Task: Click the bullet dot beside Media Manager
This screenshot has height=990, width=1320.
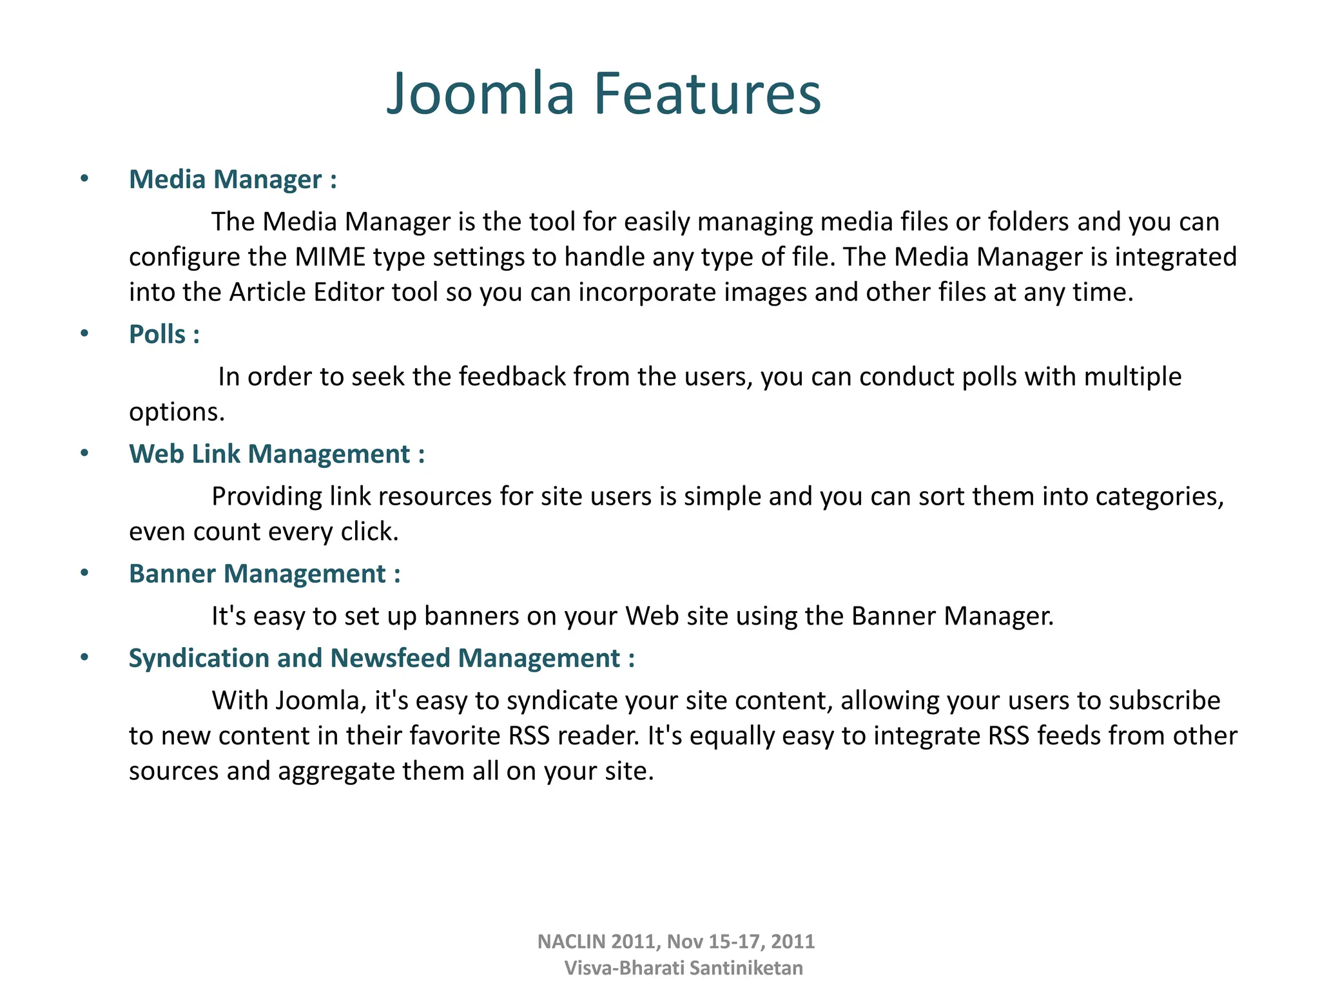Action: (84, 179)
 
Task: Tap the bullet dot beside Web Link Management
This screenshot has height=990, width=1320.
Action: (84, 453)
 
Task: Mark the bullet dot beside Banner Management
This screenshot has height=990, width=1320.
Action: (84, 573)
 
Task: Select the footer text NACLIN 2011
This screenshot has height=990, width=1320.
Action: (597, 942)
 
